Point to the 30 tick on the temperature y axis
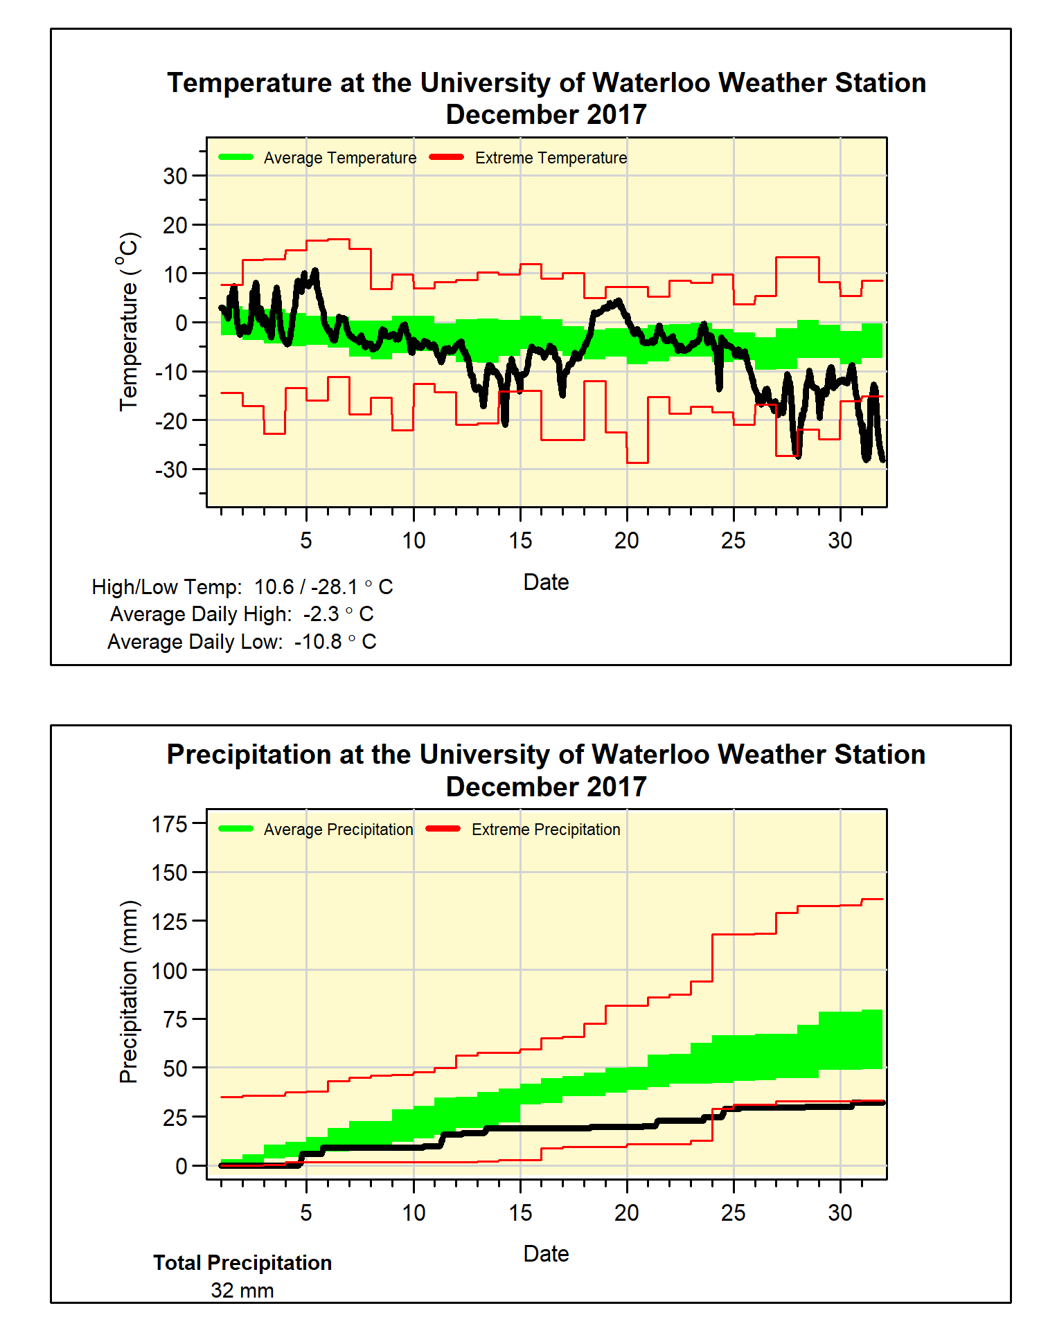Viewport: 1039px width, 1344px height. point(175,176)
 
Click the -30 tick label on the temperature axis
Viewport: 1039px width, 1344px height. point(171,469)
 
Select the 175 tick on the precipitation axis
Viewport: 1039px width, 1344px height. point(170,824)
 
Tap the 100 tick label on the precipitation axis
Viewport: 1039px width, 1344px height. point(170,971)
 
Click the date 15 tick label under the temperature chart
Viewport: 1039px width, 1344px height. point(520,541)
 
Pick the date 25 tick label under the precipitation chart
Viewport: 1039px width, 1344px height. point(733,1212)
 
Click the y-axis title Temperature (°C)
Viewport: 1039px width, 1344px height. point(129,322)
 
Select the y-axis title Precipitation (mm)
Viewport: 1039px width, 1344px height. point(129,992)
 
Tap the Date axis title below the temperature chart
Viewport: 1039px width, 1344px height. point(546,582)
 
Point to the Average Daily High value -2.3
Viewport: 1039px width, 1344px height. point(321,614)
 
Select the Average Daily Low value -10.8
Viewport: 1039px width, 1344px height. point(318,642)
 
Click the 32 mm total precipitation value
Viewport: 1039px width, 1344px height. point(242,1291)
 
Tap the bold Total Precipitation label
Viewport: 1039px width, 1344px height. point(242,1263)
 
